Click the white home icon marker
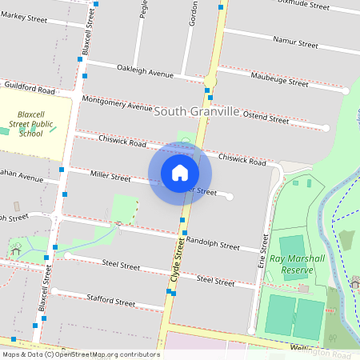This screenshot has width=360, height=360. pyautogui.click(x=180, y=173)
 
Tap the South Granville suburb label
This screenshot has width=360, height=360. pyautogui.click(x=196, y=111)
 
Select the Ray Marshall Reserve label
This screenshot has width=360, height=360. pyautogui.click(x=297, y=264)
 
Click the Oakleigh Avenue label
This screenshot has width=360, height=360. pyautogui.click(x=145, y=74)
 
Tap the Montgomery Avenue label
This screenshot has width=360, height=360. pyautogui.click(x=117, y=103)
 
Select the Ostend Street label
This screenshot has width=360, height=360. pyautogui.click(x=266, y=118)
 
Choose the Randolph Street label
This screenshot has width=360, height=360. pyautogui.click(x=213, y=244)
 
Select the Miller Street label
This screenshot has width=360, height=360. pyautogui.click(x=110, y=175)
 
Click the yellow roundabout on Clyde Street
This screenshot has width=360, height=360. pyautogui.click(x=210, y=81)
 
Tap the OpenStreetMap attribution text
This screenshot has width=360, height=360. pyautogui.click(x=81, y=354)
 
